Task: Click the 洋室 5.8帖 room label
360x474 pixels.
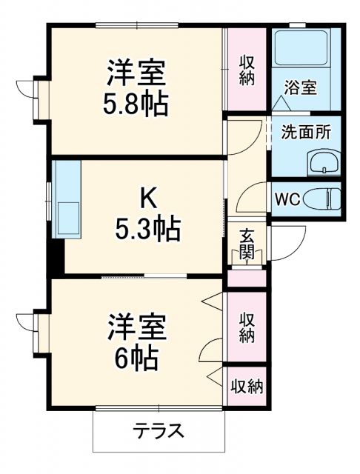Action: coord(136,87)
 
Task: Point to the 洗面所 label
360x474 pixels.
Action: coord(305,133)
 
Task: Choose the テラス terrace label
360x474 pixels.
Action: coord(158,430)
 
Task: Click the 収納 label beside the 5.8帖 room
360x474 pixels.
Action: coord(247,69)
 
